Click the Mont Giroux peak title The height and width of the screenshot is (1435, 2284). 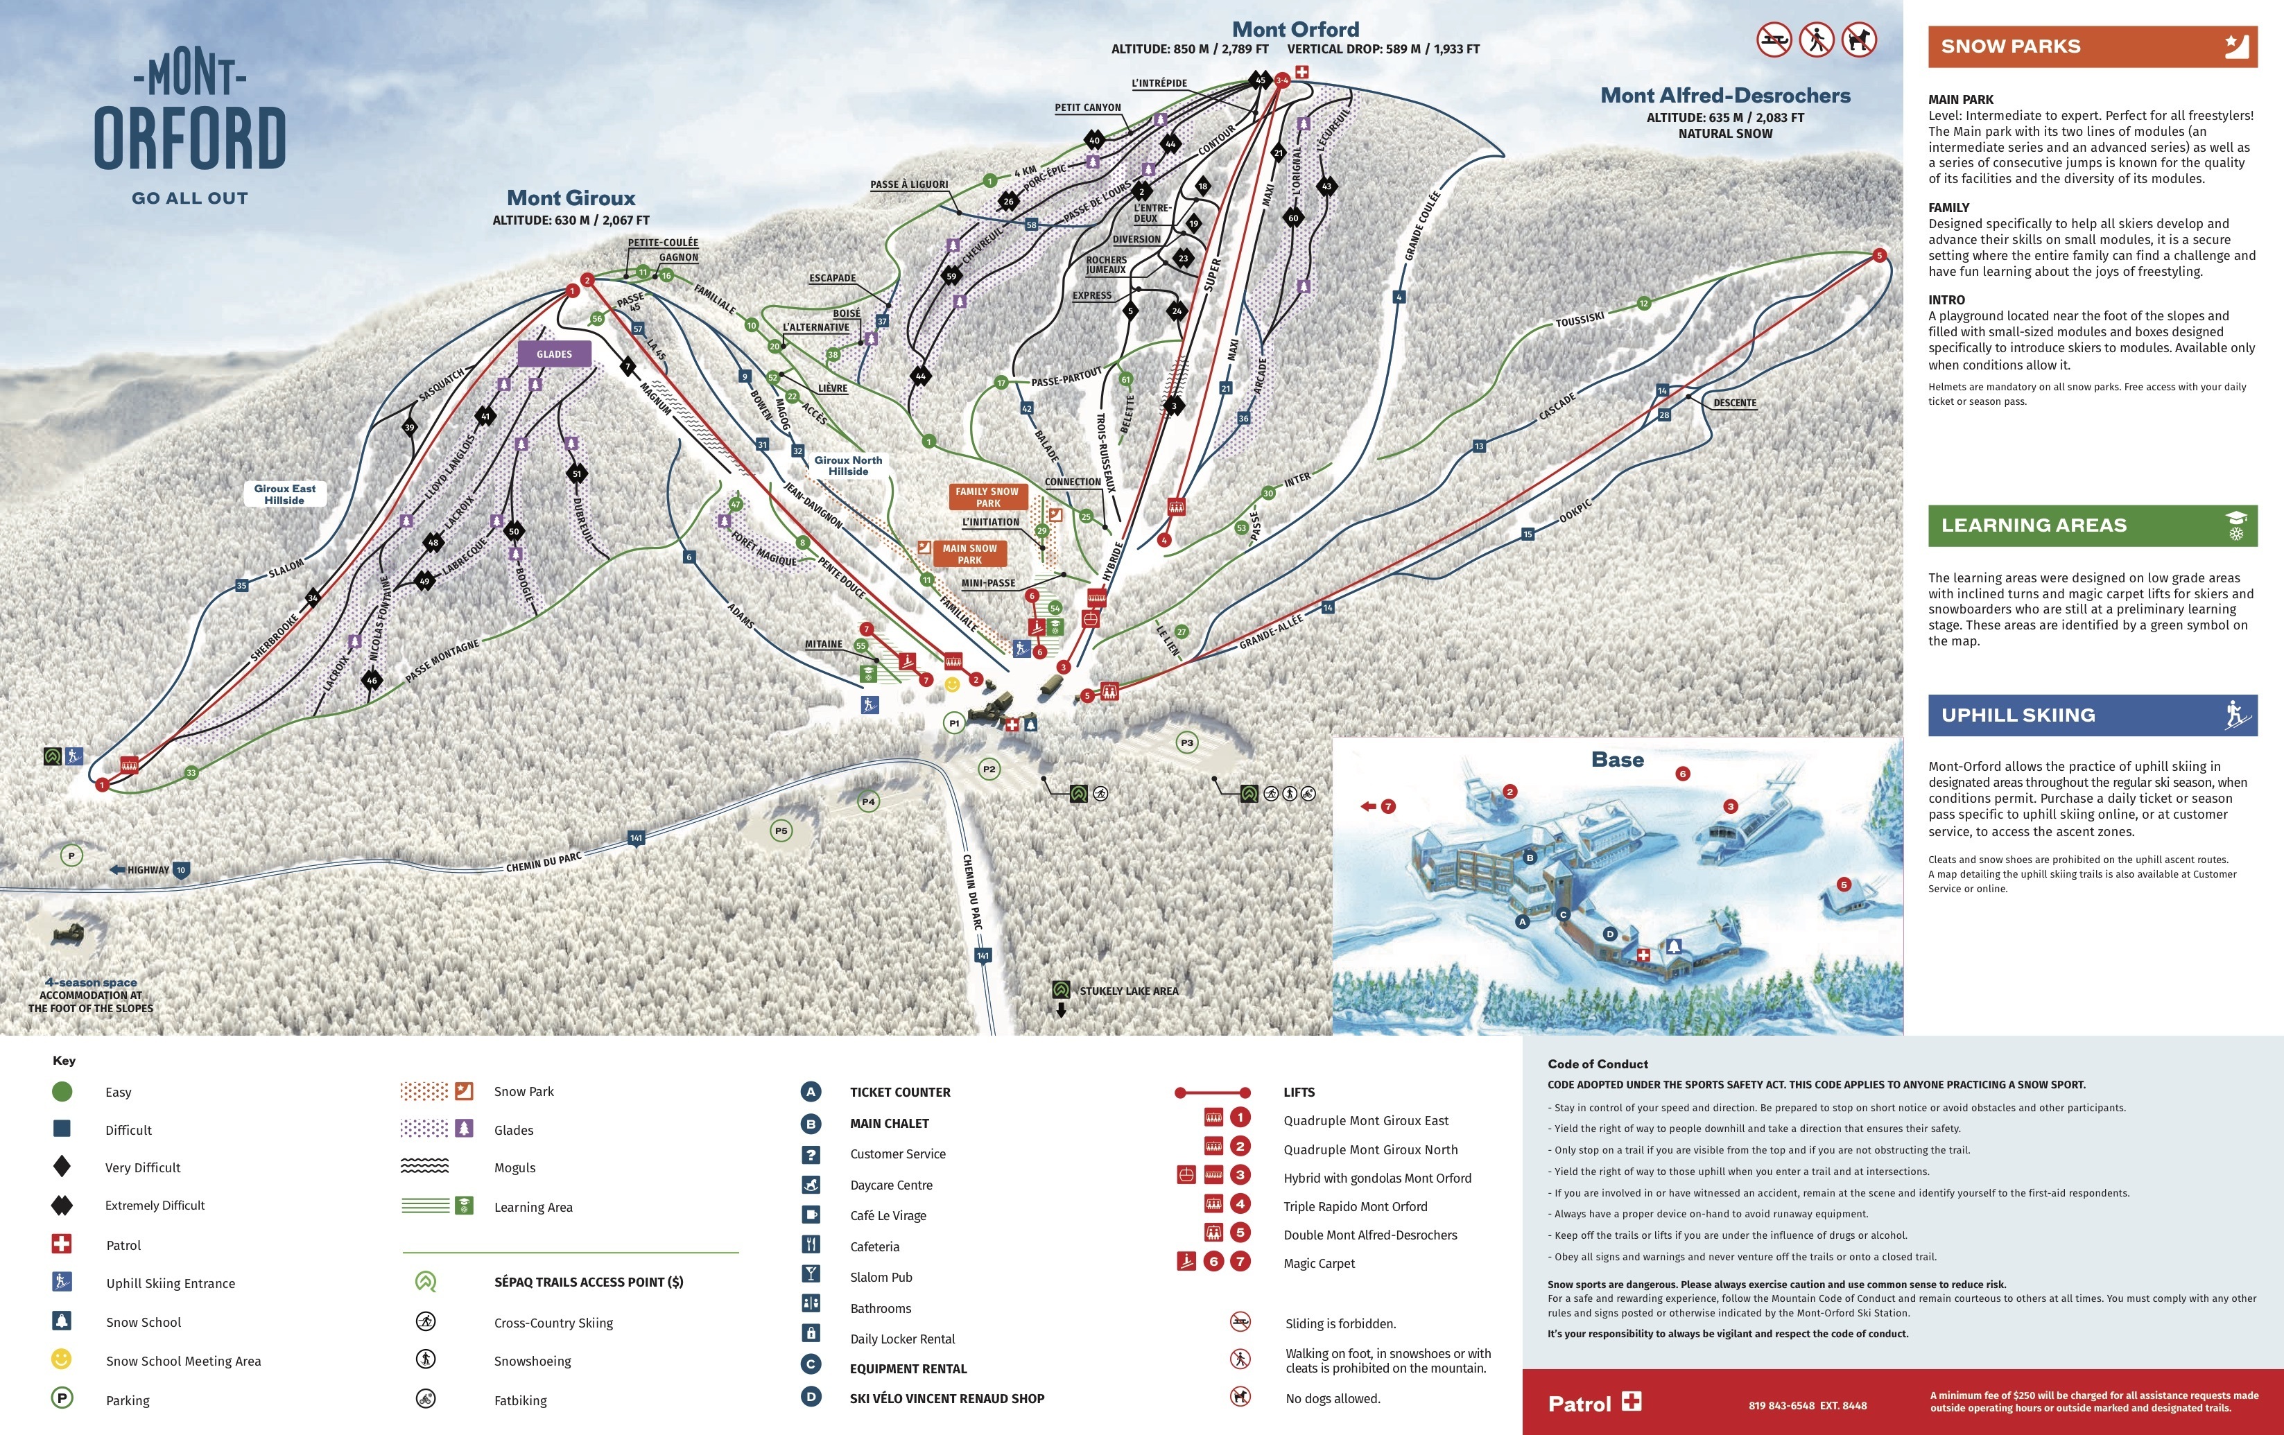[571, 198]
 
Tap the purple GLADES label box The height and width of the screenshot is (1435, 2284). [554, 354]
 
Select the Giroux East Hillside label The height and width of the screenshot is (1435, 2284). [284, 494]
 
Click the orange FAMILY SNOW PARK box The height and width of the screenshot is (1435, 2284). [987, 497]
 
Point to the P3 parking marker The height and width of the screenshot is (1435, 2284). [1186, 742]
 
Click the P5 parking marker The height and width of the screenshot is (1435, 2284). [781, 830]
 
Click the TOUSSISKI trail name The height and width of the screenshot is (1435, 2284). [1580, 320]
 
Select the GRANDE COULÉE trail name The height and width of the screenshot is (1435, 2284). [1422, 227]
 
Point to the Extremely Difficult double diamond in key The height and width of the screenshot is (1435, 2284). [62, 1206]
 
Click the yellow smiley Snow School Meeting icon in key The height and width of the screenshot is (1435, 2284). [62, 1359]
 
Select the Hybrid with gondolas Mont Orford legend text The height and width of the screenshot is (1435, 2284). [1376, 1178]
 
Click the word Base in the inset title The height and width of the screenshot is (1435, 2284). [1617, 760]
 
